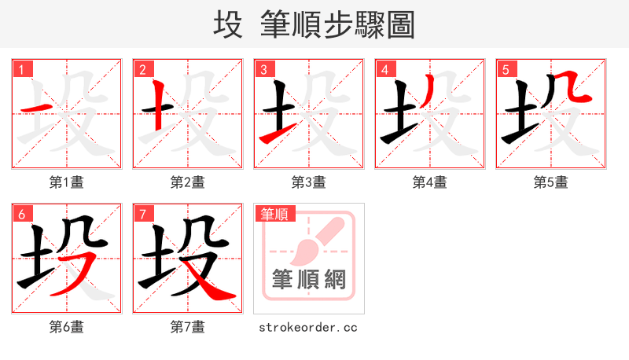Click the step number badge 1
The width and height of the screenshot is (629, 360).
click(21, 69)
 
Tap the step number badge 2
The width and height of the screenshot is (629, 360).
click(142, 69)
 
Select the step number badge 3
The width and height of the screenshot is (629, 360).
click(263, 69)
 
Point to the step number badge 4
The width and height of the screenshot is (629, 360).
click(384, 69)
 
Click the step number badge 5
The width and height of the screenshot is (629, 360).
click(506, 69)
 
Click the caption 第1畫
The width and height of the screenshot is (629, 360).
click(67, 182)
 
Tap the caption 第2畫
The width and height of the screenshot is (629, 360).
click(188, 182)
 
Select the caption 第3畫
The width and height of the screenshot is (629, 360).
click(309, 182)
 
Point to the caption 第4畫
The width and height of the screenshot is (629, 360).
click(430, 182)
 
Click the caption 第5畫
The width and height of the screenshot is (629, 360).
click(551, 182)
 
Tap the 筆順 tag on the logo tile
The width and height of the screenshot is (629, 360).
click(272, 213)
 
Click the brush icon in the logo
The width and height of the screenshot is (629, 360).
click(314, 239)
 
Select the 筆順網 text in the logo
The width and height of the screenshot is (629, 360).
click(308, 279)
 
